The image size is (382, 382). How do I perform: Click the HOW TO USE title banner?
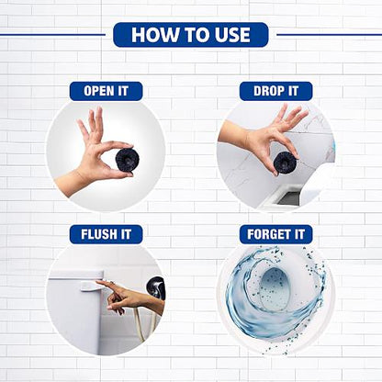click(x=191, y=35)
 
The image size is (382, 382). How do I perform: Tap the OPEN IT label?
click(x=106, y=91)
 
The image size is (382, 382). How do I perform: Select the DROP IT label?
click(x=275, y=91)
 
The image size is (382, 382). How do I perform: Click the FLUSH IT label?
click(x=106, y=234)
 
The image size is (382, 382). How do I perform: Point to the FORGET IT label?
click(x=275, y=234)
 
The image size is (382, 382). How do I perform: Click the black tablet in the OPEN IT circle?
click(x=127, y=160)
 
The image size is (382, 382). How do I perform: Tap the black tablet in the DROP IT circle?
click(x=285, y=163)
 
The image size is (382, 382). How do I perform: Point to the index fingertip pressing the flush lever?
click(x=98, y=282)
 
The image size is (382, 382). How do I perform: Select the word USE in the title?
click(x=232, y=35)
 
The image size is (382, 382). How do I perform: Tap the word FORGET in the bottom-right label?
click(x=268, y=234)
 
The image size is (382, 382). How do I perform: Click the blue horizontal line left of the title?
click(x=52, y=35)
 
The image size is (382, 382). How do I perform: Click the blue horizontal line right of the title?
click(x=329, y=35)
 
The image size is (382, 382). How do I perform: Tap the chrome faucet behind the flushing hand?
click(x=156, y=287)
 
